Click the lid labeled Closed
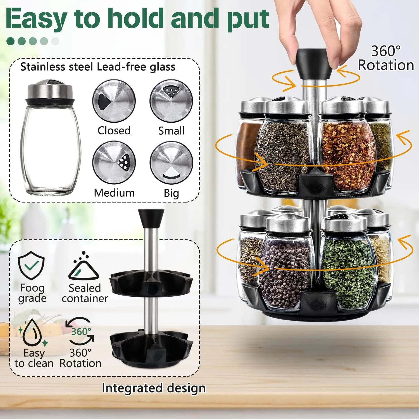(x=114, y=101)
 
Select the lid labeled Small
(x=171, y=101)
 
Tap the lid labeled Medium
(x=114, y=163)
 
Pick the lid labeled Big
(x=171, y=163)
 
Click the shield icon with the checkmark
(x=31, y=265)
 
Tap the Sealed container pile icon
(x=84, y=266)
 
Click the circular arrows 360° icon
(x=80, y=332)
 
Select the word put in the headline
(x=248, y=19)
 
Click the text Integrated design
(x=154, y=388)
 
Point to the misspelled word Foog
(x=32, y=288)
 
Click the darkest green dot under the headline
(x=11, y=41)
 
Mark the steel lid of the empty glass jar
(x=50, y=90)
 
